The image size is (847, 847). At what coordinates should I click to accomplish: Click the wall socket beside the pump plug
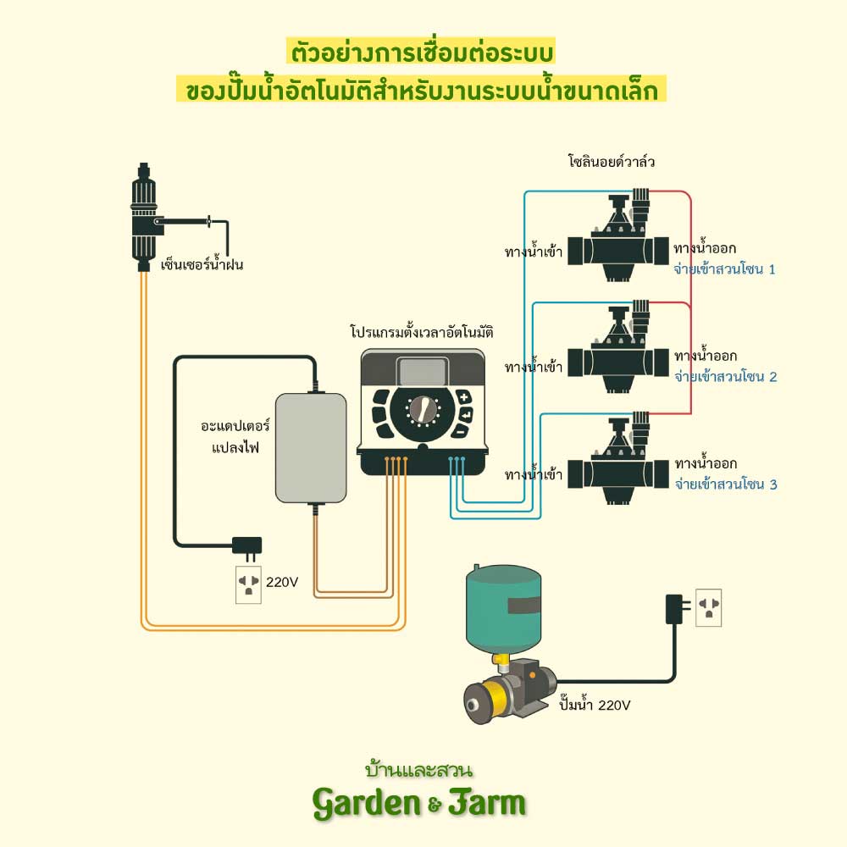coord(708,607)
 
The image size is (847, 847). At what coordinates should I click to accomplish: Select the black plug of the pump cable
coord(676,606)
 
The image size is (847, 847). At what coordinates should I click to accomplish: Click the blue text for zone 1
coord(724,269)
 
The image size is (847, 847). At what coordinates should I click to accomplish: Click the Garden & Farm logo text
coord(419,801)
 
